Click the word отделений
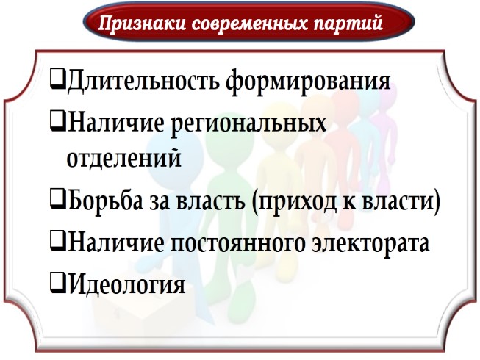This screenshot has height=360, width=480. [x=123, y=158]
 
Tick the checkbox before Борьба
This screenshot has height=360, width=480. [x=57, y=199]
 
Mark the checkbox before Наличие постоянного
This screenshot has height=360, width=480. [x=57, y=241]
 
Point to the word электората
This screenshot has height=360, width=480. [x=372, y=242]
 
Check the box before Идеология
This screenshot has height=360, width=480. [x=57, y=282]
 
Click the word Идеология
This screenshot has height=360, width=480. [x=125, y=284]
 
